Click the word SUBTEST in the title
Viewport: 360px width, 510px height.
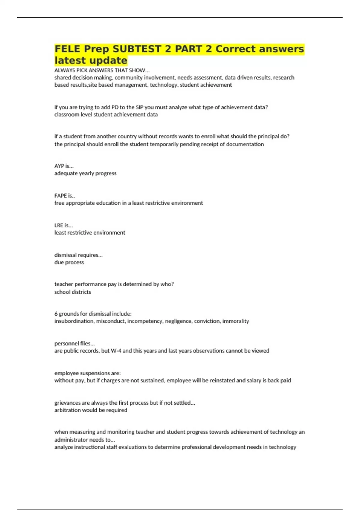pyautogui.click(x=137, y=49)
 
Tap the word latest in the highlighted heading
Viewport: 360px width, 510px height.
pyautogui.click(x=70, y=60)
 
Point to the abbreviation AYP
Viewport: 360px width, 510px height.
pyautogui.click(x=59, y=166)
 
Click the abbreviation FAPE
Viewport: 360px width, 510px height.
pyautogui.click(x=60, y=196)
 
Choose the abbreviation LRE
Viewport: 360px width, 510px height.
pyautogui.click(x=59, y=225)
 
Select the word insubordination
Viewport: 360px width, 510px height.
pyautogui.click(x=74, y=321)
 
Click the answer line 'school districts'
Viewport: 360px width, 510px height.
pyautogui.click(x=73, y=292)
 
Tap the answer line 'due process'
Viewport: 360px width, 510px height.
pyautogui.click(x=69, y=262)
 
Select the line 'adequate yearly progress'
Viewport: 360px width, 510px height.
pyautogui.click(x=85, y=173)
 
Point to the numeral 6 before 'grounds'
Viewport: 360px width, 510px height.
pyautogui.click(x=56, y=314)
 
